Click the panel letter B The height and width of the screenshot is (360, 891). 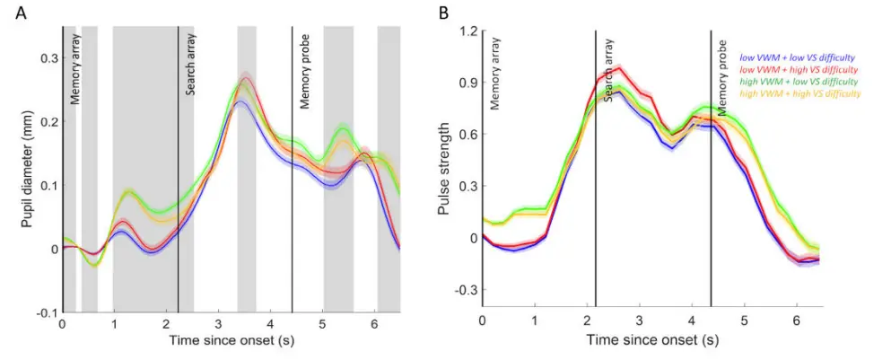[442, 13]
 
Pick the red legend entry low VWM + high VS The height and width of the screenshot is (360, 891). [796, 69]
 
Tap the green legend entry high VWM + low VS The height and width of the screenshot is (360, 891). [796, 81]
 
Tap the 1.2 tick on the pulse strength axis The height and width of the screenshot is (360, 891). [467, 31]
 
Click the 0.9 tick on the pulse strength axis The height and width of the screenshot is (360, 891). [467, 83]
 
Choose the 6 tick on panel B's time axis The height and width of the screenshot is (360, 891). [796, 320]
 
